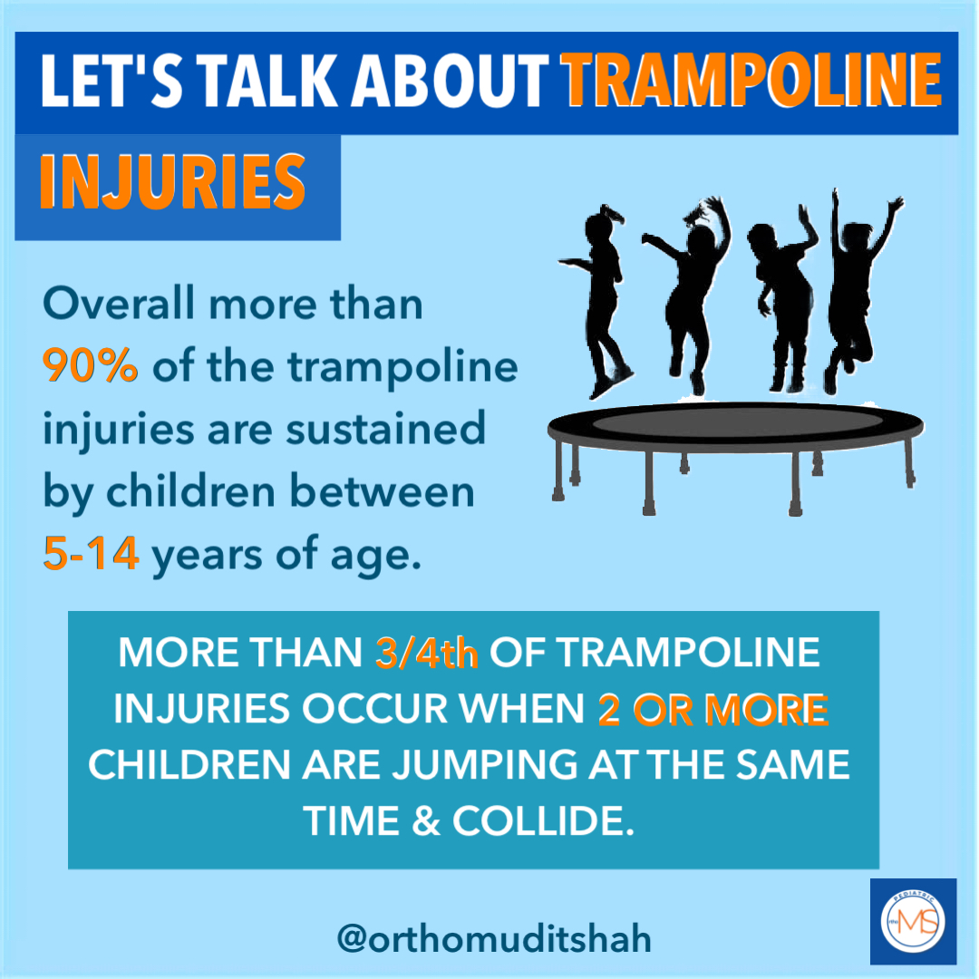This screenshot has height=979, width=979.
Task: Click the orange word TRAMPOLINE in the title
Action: pyautogui.click(x=751, y=81)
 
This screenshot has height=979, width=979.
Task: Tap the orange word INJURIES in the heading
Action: pyautogui.click(x=172, y=182)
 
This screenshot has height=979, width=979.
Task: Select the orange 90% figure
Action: pyautogui.click(x=90, y=365)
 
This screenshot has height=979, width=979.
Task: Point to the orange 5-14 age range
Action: pyautogui.click(x=92, y=553)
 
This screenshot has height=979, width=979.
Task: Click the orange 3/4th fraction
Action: pyautogui.click(x=427, y=653)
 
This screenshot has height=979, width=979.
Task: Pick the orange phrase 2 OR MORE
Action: pyautogui.click(x=713, y=710)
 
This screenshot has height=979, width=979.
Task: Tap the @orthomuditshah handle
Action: pyautogui.click(x=494, y=939)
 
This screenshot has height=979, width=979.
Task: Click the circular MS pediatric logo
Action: pyautogui.click(x=913, y=922)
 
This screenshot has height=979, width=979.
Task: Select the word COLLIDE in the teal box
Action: pyautogui.click(x=543, y=820)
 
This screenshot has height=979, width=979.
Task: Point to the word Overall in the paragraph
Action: pyautogui.click(x=119, y=304)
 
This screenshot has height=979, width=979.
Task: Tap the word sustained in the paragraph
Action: pyautogui.click(x=385, y=429)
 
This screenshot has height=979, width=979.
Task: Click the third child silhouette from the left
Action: pyautogui.click(x=781, y=300)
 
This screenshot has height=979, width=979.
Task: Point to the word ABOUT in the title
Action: pyautogui.click(x=450, y=82)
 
